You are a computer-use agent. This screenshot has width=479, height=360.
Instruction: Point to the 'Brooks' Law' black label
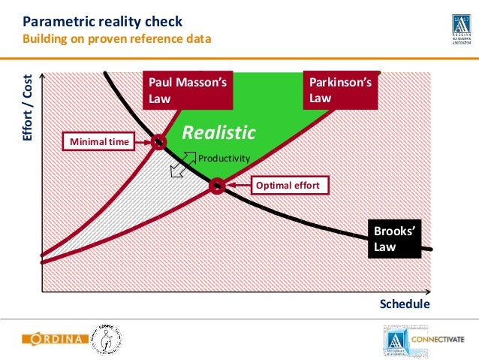click(394, 239)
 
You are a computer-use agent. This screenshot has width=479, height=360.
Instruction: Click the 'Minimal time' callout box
click(99, 141)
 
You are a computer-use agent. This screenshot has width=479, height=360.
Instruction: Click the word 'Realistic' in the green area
click(219, 133)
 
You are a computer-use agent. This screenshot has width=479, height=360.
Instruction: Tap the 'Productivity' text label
click(223, 158)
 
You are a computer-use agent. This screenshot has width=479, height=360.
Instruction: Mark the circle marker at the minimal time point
click(158, 141)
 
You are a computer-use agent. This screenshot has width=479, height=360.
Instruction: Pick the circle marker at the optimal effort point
click(216, 185)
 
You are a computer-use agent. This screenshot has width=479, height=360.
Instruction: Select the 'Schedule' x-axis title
click(405, 304)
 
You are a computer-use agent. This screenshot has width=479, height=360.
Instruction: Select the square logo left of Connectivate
click(395, 338)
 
